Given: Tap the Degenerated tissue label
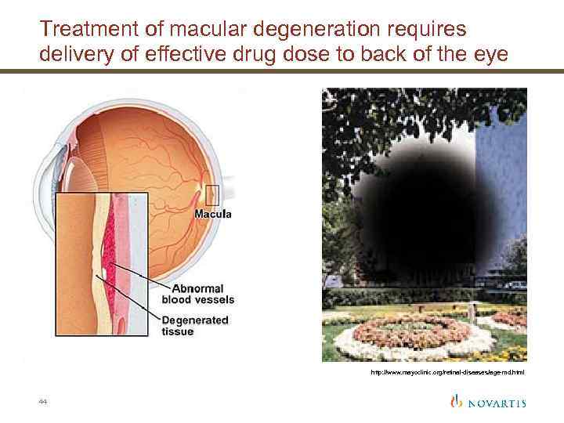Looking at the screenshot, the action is click(x=194, y=326).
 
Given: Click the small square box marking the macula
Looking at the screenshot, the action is click(x=211, y=193).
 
